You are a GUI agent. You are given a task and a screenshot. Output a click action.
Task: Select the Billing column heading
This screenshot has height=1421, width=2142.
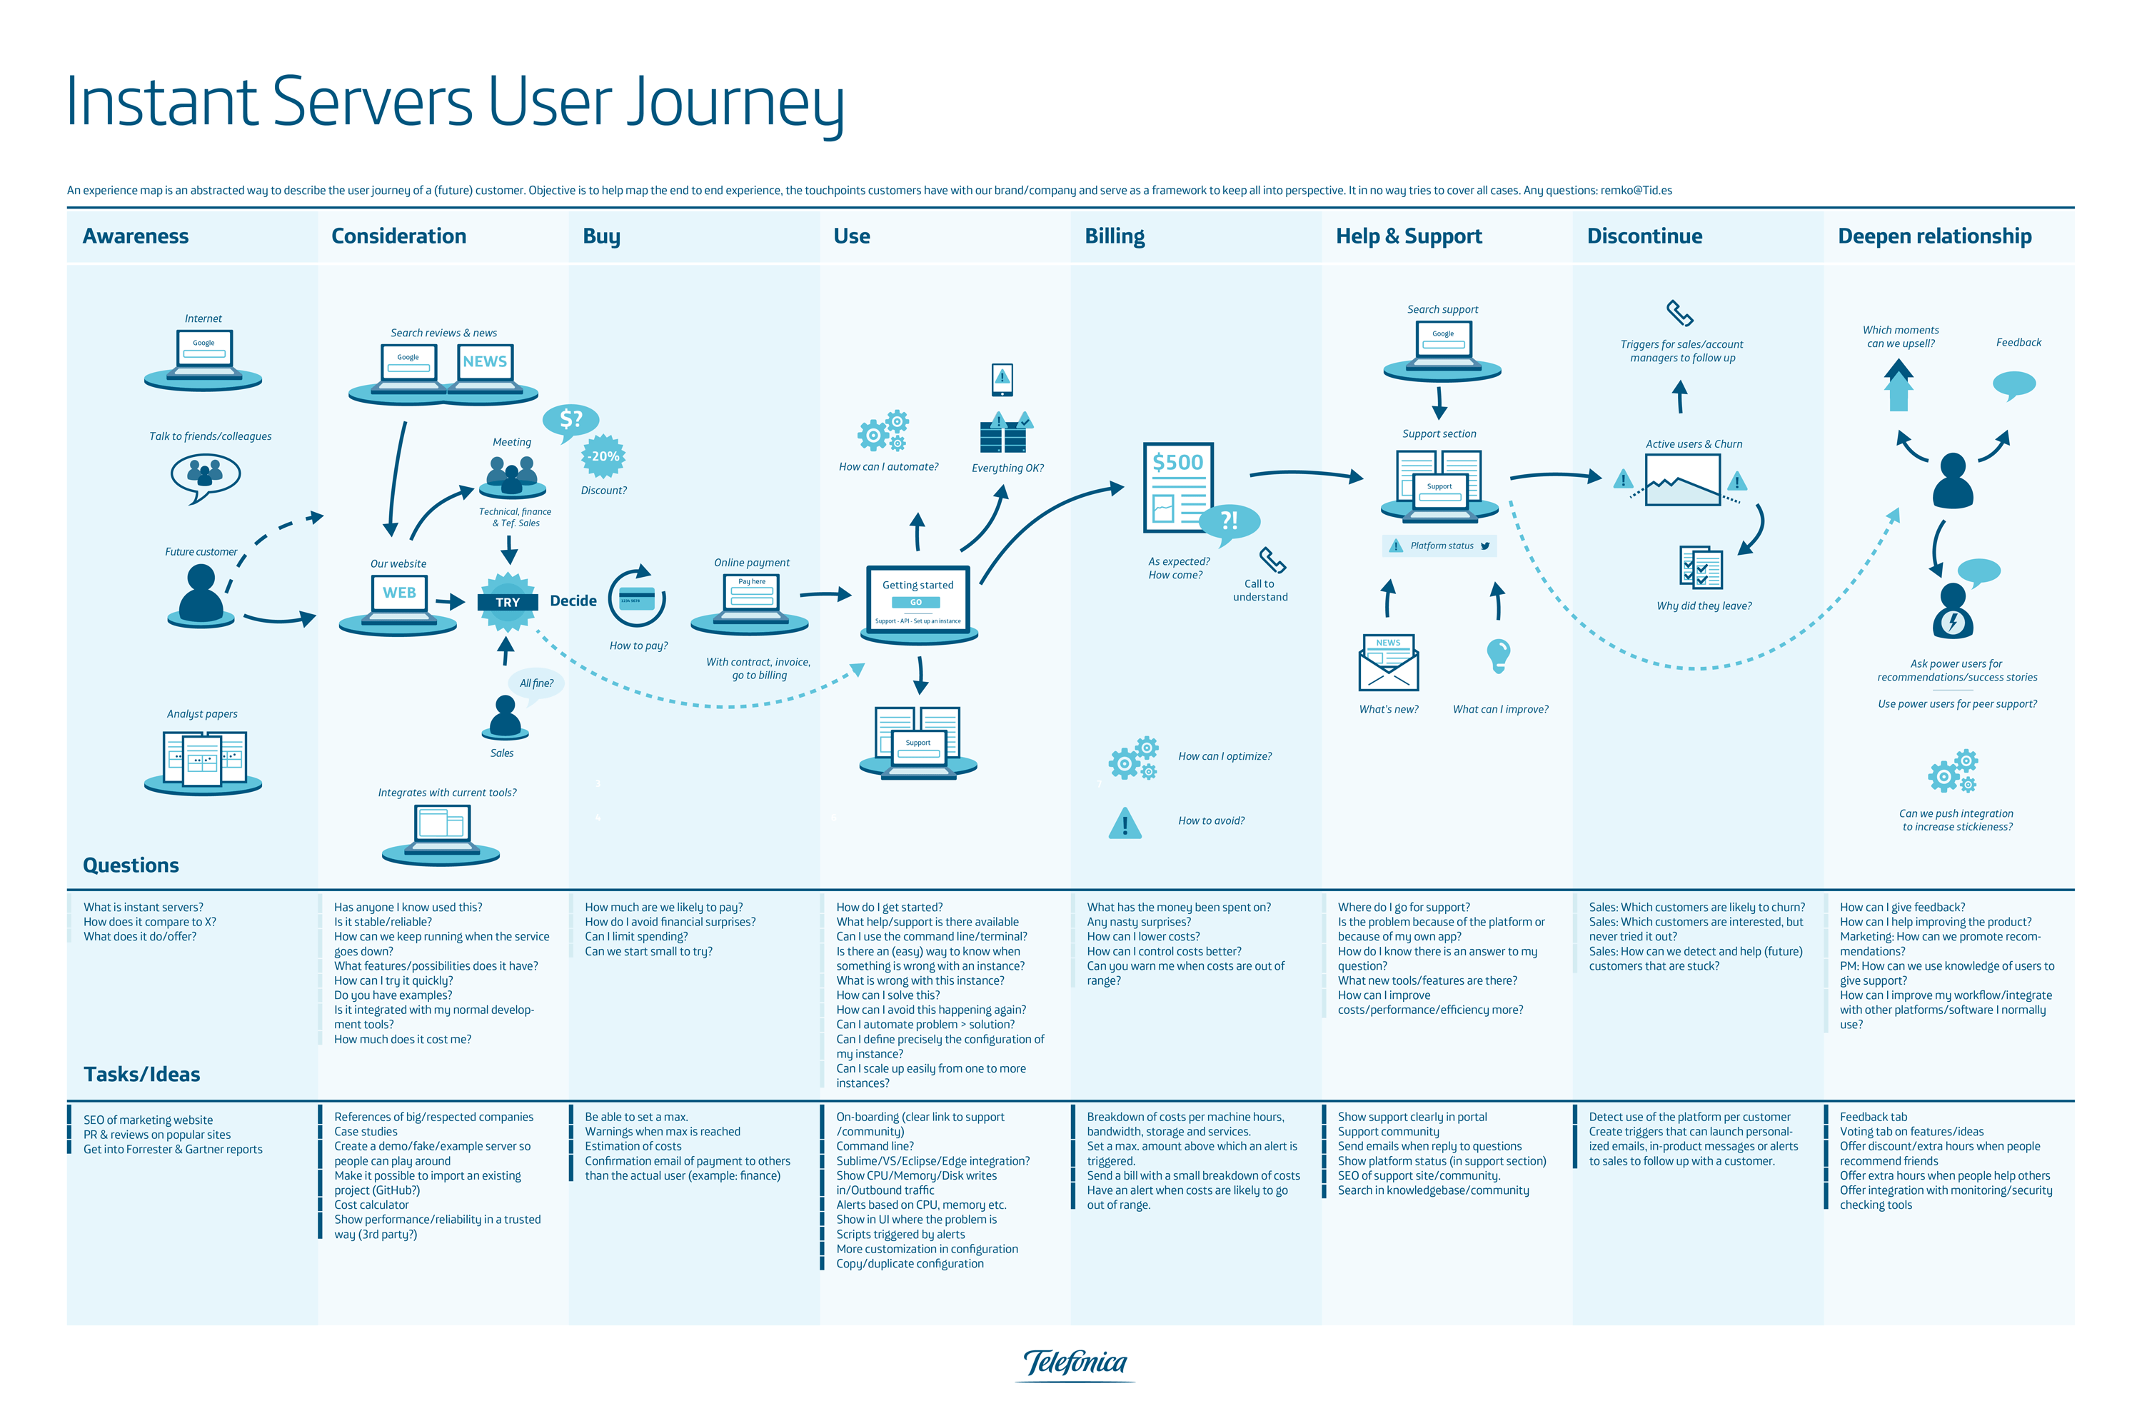1115,236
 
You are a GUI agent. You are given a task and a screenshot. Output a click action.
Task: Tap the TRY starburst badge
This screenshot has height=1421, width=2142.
508,602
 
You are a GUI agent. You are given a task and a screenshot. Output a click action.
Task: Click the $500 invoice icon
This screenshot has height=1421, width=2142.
1177,488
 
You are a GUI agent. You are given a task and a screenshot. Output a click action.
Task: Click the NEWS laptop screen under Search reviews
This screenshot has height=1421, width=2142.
485,361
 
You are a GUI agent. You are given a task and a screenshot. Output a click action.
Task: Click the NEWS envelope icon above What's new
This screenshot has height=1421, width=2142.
1388,663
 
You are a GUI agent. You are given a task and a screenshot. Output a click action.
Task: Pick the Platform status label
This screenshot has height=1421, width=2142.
1441,546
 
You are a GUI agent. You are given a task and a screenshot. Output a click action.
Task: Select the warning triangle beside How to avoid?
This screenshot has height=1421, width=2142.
1125,823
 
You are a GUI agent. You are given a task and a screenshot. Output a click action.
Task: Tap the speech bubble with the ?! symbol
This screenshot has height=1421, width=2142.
1230,521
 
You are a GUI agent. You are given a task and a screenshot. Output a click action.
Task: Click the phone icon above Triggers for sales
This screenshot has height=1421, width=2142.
1679,313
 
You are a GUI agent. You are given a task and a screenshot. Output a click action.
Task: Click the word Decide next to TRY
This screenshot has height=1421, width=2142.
573,601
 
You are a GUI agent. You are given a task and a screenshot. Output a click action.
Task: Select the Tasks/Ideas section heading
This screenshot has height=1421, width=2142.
141,1074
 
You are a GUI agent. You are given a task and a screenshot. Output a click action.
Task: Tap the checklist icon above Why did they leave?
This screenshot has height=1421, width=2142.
1700,567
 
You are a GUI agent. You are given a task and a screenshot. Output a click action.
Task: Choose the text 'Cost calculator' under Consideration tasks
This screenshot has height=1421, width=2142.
371,1205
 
